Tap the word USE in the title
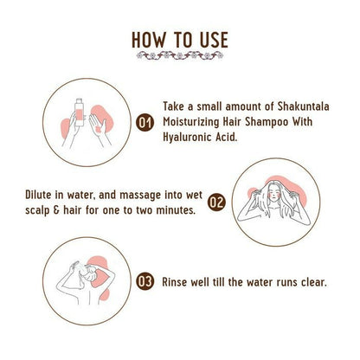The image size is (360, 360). pos(214,40)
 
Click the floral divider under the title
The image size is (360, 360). pos(180,55)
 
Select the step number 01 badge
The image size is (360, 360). pos(145,123)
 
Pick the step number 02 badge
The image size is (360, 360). pos(216,202)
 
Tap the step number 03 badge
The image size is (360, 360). pos(145,281)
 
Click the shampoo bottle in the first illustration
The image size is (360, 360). pos(79,112)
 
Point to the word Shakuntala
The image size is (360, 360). pos(303,106)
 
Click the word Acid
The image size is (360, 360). pos(227,137)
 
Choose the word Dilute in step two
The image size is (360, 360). pos(36,195)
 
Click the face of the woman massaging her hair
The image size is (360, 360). pos(275,195)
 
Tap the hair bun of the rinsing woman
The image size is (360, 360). pos(93,270)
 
